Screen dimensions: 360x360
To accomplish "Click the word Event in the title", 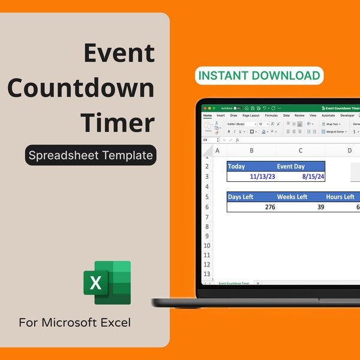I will click(119, 53).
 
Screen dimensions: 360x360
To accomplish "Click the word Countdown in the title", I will click(81, 88).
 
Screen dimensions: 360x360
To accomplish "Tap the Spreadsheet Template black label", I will click(91, 155).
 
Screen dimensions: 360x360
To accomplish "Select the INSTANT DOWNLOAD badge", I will click(259, 76).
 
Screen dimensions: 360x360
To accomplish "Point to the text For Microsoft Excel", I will click(74, 323).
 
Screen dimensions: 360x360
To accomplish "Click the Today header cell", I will click(238, 166).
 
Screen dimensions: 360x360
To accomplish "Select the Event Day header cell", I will click(290, 166).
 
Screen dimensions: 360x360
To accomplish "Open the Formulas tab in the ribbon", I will click(271, 115).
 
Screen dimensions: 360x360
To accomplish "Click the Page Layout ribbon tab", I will click(251, 115).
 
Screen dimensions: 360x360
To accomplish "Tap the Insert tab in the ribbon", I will click(221, 115).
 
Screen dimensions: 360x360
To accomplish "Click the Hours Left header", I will click(340, 196).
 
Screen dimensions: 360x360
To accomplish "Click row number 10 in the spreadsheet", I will click(207, 245).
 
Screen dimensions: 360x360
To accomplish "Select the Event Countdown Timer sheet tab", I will click(234, 282).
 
